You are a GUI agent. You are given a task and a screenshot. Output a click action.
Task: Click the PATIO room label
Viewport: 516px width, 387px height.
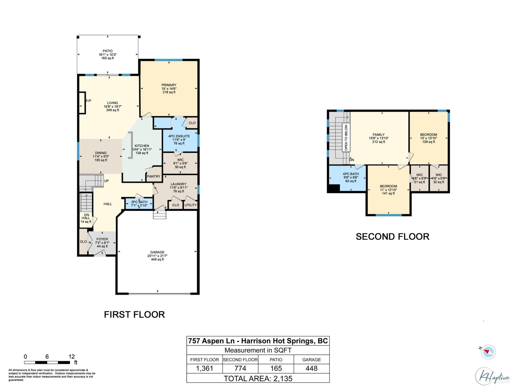(x=108, y=51)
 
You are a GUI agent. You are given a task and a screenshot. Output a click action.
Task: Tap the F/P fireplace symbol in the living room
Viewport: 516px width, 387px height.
(x=83, y=103)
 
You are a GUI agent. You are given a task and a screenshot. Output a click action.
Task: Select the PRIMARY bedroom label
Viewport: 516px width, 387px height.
(x=169, y=85)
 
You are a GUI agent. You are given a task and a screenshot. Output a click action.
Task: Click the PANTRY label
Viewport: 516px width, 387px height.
(x=154, y=176)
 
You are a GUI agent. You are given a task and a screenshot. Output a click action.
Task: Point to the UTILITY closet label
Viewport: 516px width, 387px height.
(x=191, y=205)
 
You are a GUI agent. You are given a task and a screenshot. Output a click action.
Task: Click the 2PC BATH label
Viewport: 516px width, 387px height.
(x=139, y=202)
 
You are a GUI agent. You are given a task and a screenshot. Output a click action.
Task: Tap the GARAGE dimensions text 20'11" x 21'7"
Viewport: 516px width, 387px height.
(x=157, y=256)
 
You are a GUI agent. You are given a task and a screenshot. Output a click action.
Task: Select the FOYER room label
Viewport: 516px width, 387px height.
(x=102, y=239)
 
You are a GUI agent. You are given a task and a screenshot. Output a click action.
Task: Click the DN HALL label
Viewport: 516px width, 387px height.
(x=86, y=216)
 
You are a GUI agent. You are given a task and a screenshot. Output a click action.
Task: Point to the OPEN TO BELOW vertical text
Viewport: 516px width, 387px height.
(x=346, y=138)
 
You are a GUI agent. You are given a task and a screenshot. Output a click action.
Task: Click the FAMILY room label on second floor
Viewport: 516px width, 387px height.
(x=379, y=135)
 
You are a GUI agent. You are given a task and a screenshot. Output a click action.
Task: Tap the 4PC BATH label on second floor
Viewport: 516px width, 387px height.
(x=351, y=174)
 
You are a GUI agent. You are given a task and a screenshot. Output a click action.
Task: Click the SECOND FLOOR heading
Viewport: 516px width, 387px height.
(x=392, y=237)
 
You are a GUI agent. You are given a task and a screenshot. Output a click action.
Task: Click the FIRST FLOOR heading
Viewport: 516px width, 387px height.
(x=134, y=315)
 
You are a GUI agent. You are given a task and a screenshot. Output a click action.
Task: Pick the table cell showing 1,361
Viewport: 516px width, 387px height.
(x=204, y=368)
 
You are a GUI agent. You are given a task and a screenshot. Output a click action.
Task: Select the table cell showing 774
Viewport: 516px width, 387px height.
(x=240, y=368)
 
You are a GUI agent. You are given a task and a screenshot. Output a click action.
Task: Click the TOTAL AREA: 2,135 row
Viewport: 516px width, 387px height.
(x=258, y=378)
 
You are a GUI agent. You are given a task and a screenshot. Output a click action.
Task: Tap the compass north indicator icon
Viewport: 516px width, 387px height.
(x=488, y=352)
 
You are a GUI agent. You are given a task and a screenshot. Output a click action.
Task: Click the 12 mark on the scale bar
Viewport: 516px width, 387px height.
(x=72, y=357)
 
